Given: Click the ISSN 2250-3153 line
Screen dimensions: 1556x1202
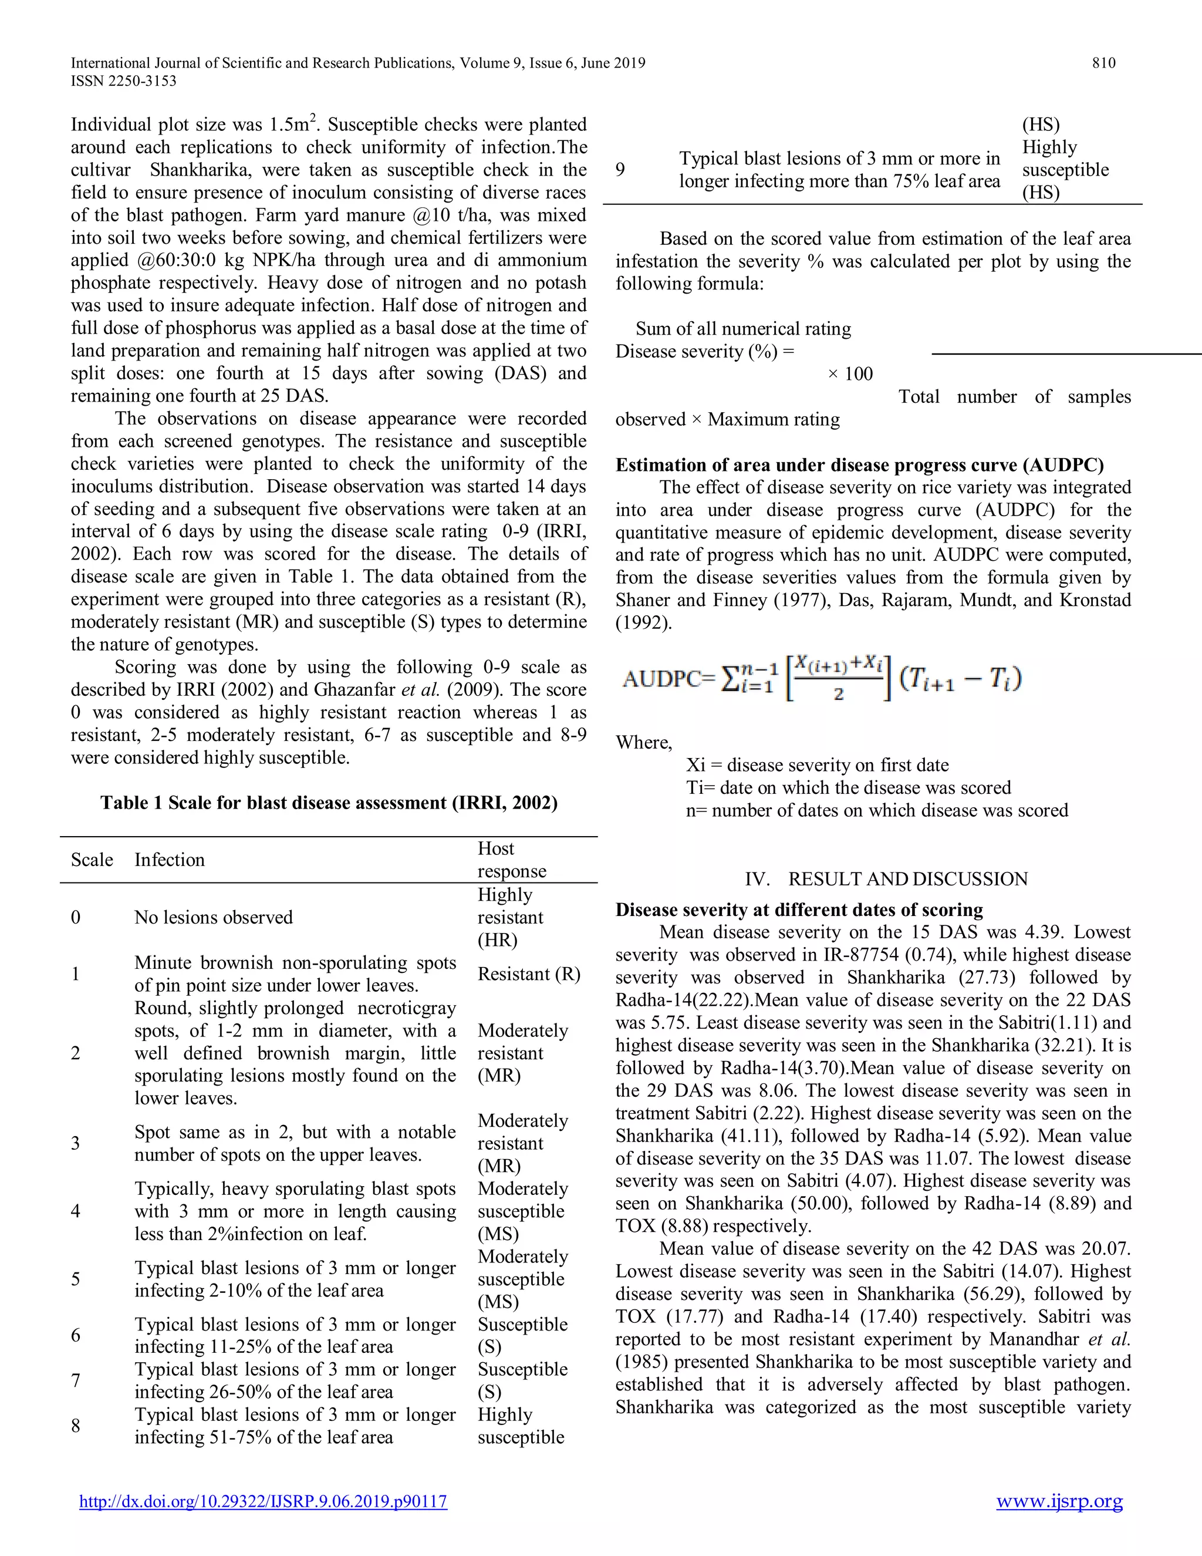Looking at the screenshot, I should coord(123,81).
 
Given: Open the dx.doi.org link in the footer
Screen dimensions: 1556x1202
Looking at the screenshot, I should coord(263,1501).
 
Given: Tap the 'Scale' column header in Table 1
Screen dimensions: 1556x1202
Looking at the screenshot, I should coord(92,860).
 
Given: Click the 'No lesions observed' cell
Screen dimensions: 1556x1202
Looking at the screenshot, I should coord(213,917).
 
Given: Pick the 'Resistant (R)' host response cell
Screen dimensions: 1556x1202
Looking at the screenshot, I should coord(528,974).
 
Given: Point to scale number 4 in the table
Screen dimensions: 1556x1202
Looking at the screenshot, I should coord(76,1211).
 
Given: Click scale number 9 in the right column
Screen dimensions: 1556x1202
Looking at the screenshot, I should coord(620,170).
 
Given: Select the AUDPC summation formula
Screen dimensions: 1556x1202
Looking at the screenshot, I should coord(822,678).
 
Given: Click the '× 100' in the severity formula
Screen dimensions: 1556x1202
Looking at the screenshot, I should coord(850,374).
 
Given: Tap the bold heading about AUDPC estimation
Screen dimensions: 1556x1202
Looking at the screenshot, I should coord(859,465).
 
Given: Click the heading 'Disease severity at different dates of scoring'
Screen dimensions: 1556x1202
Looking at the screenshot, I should coord(799,910).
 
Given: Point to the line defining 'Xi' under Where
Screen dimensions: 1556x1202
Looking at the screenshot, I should coord(817,765).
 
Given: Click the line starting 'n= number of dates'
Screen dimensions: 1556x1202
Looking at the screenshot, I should coord(877,810).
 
